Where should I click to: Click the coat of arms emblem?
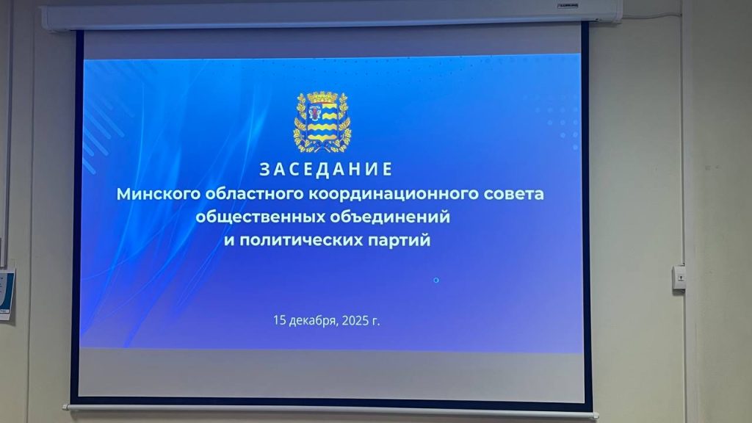[322, 122]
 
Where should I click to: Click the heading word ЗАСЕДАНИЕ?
[326, 170]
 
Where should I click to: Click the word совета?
[513, 194]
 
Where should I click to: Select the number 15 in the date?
[280, 320]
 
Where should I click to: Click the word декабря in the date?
[314, 320]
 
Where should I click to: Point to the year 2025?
[355, 320]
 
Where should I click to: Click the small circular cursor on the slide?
[436, 280]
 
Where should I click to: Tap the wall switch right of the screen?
[679, 277]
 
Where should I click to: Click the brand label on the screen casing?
[568, 6]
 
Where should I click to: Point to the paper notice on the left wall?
[6, 294]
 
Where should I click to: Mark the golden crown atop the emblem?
[322, 96]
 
